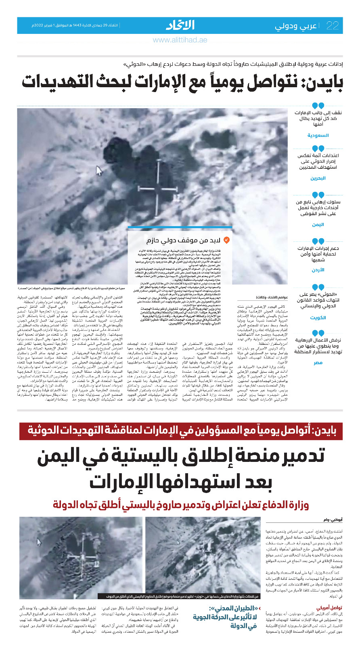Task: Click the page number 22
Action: tap(333, 26)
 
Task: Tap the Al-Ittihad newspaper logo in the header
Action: tap(180, 25)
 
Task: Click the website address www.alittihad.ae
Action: tap(180, 40)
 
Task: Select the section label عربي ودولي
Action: tap(296, 26)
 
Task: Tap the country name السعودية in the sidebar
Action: tap(318, 136)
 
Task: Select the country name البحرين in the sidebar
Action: tap(318, 178)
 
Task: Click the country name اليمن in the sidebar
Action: tap(318, 224)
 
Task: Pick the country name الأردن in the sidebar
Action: tap(318, 270)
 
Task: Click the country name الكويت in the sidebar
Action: tap(318, 318)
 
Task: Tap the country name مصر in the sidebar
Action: tap(318, 363)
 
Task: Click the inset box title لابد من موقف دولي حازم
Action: tap(194, 241)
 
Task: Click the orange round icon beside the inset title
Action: tap(227, 241)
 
